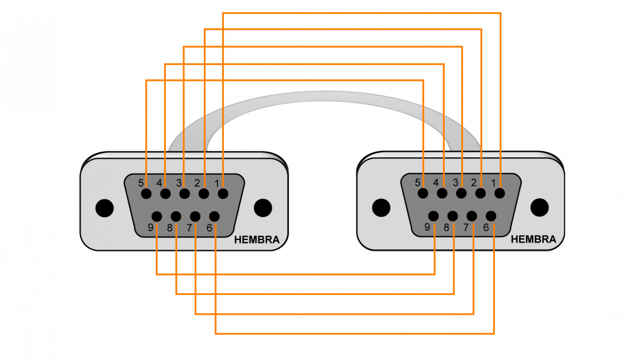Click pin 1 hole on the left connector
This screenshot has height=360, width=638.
coord(223,194)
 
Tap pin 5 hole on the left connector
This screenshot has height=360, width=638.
coord(146,194)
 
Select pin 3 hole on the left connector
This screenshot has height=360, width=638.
coord(185,194)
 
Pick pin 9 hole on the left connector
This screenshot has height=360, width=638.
coord(157,216)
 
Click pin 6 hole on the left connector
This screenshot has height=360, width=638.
coord(214,216)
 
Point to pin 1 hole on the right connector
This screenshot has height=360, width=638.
coord(500,193)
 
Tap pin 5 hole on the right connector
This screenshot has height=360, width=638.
coord(423,193)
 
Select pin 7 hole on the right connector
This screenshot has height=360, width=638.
coord(472,216)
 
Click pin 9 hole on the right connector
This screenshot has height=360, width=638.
coord(433,216)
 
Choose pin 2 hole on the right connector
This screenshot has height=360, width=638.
coord(480,193)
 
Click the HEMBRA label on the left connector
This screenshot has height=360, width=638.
coord(257,240)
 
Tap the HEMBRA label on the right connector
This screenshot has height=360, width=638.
coord(533,239)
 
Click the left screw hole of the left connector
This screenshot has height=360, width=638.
coord(104,208)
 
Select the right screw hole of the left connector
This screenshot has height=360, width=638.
coord(263,208)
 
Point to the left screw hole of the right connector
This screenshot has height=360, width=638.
coord(381,207)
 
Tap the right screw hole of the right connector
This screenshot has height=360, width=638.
coord(540,207)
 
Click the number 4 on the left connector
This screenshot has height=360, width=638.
coord(159,183)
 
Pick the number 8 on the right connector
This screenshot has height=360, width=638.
coord(446,227)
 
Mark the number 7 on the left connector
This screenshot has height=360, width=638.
coord(189,228)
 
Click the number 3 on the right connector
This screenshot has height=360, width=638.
coord(455,182)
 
